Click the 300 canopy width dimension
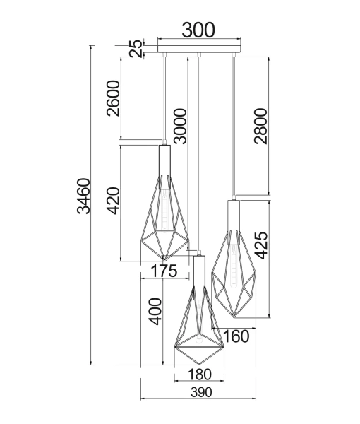click(x=198, y=30)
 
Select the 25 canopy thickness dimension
click(x=135, y=49)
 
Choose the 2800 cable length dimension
click(x=260, y=126)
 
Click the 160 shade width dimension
click(x=236, y=336)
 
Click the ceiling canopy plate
click(x=199, y=49)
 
